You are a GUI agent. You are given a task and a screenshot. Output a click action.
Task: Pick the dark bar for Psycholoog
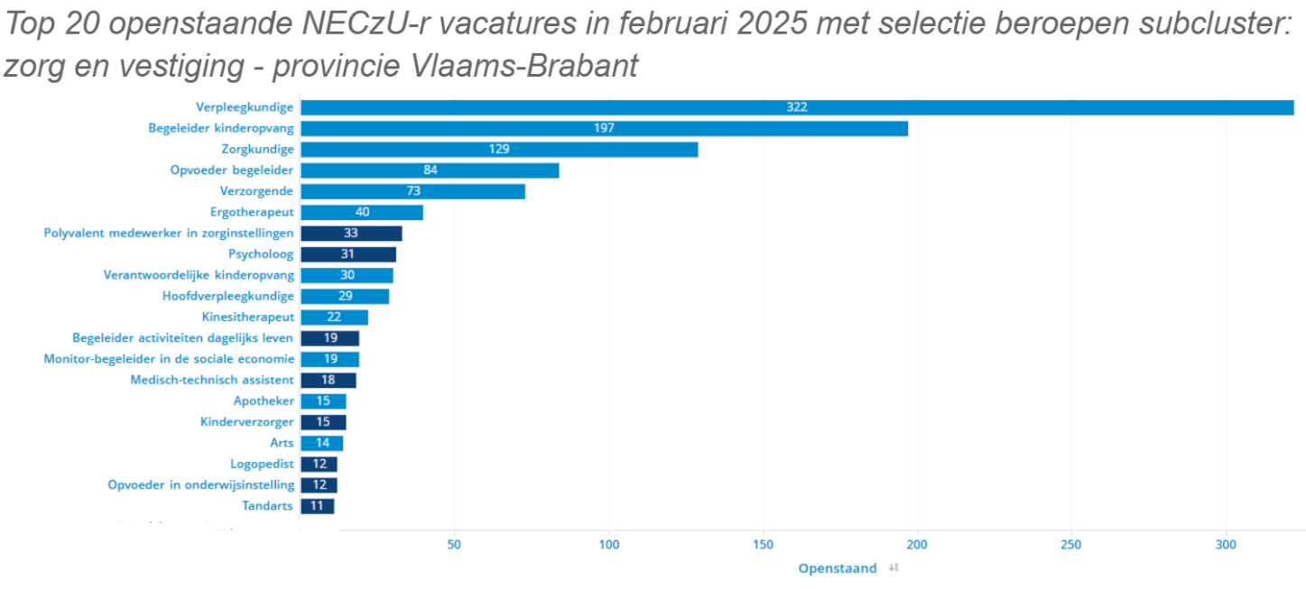click(x=347, y=254)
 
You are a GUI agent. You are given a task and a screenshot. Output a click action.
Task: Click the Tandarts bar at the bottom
click(x=317, y=506)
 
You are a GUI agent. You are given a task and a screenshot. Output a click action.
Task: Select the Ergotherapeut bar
click(x=361, y=212)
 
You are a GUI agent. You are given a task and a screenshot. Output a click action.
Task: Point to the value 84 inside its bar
click(x=431, y=170)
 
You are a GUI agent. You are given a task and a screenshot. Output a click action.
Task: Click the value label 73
click(x=413, y=191)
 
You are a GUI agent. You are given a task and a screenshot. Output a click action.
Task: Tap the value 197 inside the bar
click(x=604, y=128)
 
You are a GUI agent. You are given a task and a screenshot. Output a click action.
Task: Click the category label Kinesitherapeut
click(x=248, y=317)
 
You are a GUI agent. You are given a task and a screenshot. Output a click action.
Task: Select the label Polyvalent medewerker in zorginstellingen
click(x=169, y=233)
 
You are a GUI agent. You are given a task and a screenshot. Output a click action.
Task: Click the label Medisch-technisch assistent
click(x=212, y=380)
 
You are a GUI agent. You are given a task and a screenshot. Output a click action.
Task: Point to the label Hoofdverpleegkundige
click(x=228, y=296)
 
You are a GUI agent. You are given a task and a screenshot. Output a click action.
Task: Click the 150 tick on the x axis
click(x=764, y=545)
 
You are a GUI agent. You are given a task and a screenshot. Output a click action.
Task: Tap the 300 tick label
click(x=1225, y=545)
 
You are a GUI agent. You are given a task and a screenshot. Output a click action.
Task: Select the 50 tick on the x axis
click(x=455, y=545)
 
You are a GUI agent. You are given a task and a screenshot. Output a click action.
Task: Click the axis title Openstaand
click(x=837, y=568)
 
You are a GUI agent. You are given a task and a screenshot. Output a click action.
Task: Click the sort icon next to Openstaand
click(x=894, y=568)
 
